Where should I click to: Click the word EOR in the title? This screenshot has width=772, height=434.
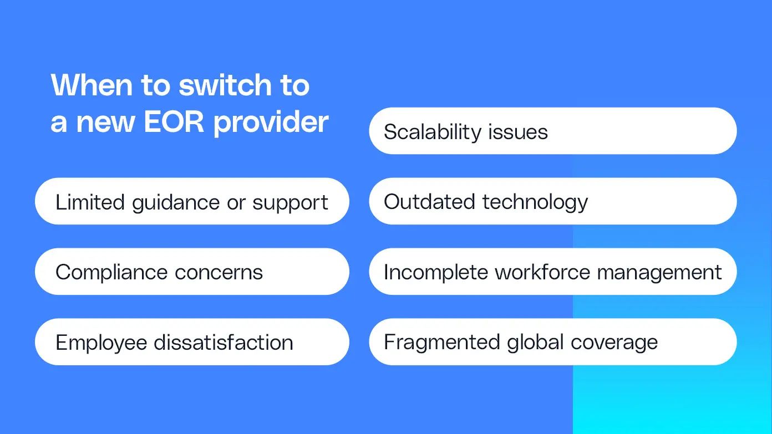(x=174, y=121)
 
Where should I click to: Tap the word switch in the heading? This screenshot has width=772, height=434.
(x=225, y=85)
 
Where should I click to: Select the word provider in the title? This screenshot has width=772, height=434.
(x=271, y=123)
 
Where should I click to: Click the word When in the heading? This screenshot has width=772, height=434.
(x=92, y=85)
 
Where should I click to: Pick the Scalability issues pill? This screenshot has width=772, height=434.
(x=553, y=131)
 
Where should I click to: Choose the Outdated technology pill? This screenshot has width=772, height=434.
(x=553, y=201)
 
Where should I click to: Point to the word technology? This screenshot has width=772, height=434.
(x=535, y=202)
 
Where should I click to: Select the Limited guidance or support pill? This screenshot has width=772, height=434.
(x=192, y=201)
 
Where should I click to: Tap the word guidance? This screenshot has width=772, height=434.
(x=176, y=203)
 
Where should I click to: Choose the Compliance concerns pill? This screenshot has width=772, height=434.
(x=192, y=272)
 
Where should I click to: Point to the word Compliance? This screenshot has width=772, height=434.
(x=111, y=273)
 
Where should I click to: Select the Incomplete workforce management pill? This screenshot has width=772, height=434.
(x=553, y=272)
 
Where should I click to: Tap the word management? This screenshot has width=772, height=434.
(x=659, y=273)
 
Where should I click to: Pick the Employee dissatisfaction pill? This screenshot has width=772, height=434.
(x=192, y=341)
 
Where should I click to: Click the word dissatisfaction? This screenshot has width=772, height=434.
(x=224, y=343)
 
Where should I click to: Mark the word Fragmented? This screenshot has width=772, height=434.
(x=442, y=343)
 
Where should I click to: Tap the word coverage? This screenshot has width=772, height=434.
(x=614, y=343)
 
